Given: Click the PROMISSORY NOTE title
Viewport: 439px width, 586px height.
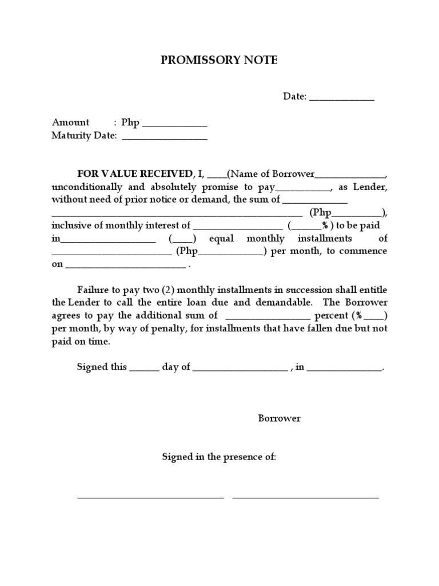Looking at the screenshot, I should (x=219, y=60).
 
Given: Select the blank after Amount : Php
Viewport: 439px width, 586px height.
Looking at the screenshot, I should (x=174, y=124).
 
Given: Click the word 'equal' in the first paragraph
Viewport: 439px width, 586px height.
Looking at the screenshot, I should (x=221, y=238).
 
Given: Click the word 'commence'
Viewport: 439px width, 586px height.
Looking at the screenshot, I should (x=364, y=251).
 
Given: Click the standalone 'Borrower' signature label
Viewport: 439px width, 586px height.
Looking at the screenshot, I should (x=279, y=418).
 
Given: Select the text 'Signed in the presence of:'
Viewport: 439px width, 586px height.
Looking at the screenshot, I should (x=219, y=457).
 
